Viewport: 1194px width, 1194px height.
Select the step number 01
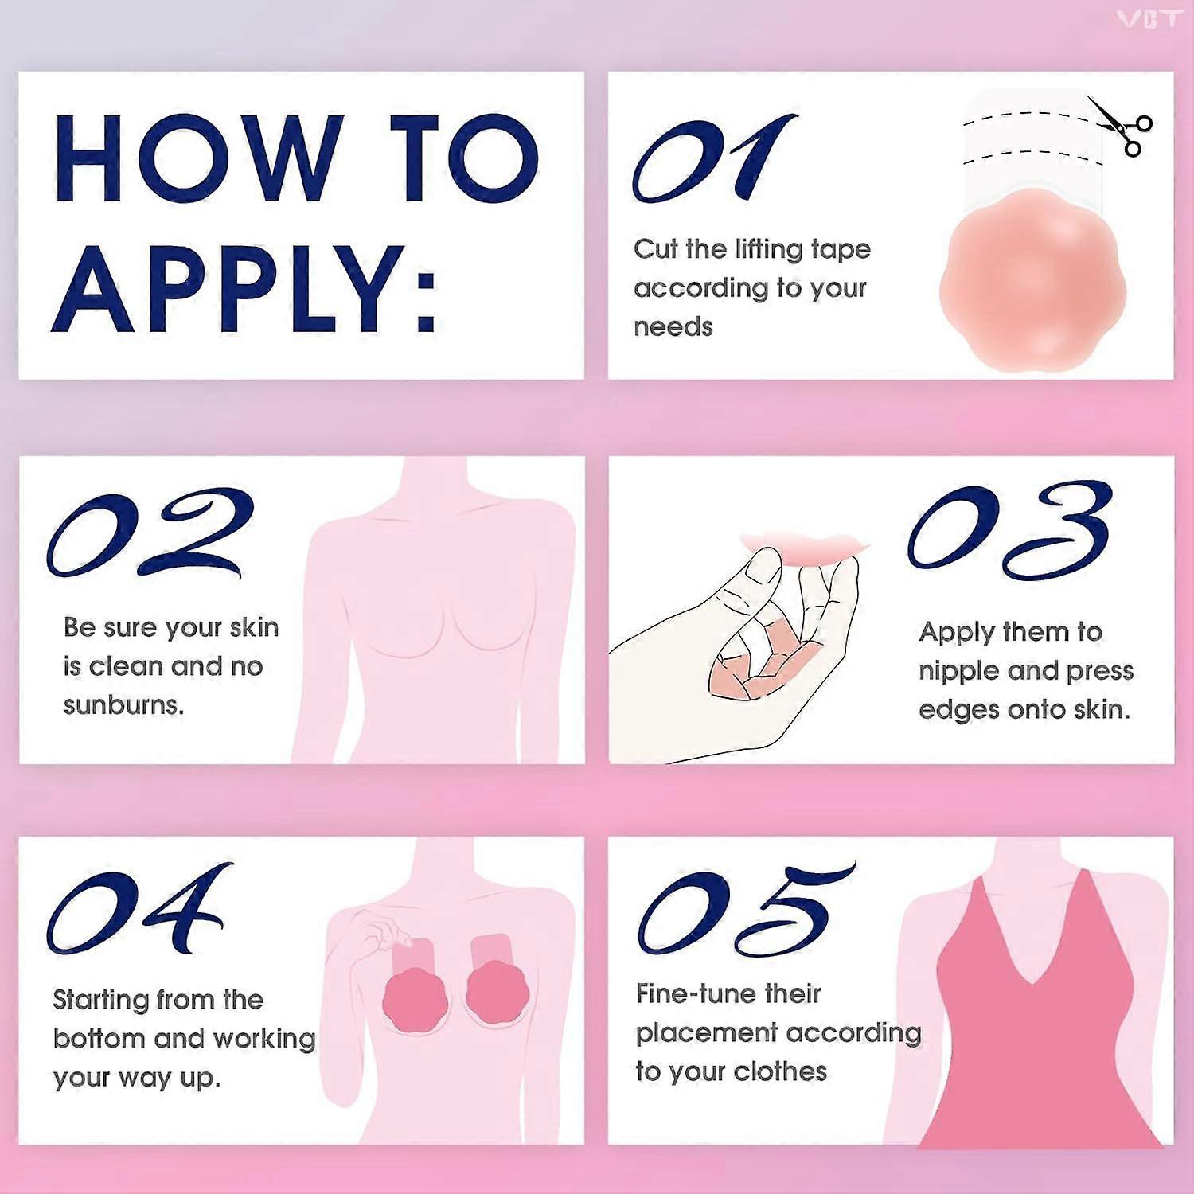click(714, 158)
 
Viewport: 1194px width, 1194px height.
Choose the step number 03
click(1009, 530)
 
